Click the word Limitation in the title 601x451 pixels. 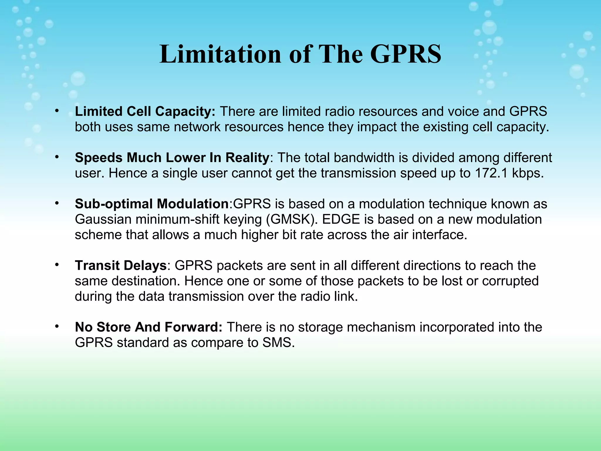[220, 54]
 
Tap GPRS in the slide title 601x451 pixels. [406, 54]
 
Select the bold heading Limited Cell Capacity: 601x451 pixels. [145, 112]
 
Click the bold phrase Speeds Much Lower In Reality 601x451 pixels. [172, 158]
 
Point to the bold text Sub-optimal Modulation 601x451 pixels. [152, 204]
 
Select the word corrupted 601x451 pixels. [510, 281]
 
